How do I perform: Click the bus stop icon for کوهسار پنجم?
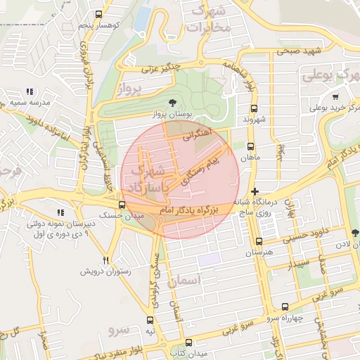coord(98,14)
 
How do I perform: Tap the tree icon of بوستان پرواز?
coord(163,104)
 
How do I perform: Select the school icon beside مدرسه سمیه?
coord(29,91)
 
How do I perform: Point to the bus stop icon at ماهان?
coord(250,147)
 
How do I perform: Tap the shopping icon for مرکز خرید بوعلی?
coord(336,97)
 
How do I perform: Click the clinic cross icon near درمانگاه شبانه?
coord(255,191)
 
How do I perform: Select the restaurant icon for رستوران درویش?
coord(106,259)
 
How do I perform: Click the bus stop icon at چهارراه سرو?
coord(285,307)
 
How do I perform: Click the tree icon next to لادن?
coord(354,233)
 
